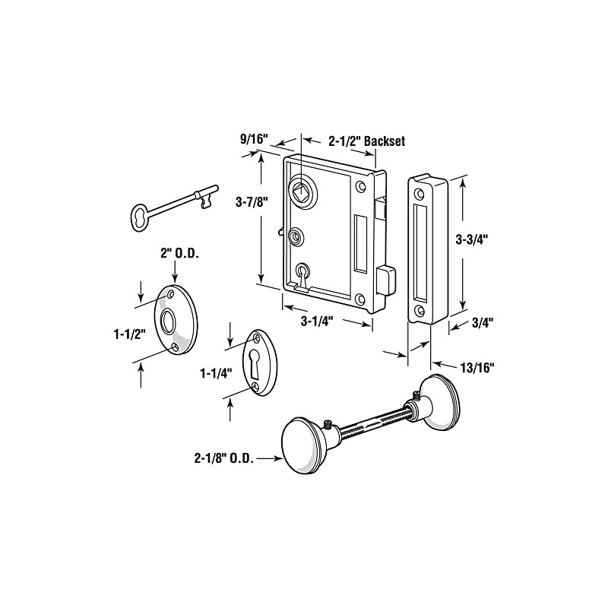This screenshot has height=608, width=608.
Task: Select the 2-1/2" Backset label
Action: [x=366, y=141]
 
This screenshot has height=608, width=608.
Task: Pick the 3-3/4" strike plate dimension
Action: [x=470, y=237]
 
